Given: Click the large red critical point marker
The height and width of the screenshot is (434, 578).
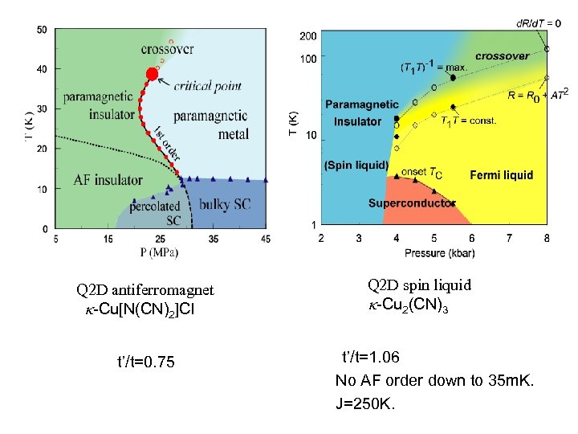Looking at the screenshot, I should tap(152, 74).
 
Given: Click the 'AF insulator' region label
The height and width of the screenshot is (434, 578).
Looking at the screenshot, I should tap(108, 179).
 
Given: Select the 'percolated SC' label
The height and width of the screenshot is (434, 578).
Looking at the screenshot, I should tap(155, 213).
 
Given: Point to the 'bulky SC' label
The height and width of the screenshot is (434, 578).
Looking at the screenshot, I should tap(224, 205).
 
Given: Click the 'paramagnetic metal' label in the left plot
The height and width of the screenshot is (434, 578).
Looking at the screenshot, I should tap(211, 125).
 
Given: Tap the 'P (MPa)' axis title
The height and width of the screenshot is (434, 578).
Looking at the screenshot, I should tap(159, 252).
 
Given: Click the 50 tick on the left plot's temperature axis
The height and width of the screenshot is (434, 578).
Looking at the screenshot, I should tap(41, 30).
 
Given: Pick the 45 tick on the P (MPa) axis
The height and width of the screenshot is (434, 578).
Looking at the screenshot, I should tap(266, 239).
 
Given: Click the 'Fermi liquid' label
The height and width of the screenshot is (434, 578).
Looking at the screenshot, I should tap(501, 175).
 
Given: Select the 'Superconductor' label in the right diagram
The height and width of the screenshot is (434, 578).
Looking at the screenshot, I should tap(412, 203).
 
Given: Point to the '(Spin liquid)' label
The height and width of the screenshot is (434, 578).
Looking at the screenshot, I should tap(356, 166).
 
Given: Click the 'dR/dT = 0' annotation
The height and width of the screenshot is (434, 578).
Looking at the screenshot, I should tap(539, 23).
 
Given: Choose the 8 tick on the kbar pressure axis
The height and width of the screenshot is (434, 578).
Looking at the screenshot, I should tap(547, 238).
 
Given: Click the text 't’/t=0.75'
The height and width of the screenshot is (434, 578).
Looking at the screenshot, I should tap(145, 362).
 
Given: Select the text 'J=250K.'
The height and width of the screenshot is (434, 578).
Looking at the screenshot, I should tap(365, 403).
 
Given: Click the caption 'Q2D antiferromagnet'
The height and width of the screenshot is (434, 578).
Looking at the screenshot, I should tap(145, 290).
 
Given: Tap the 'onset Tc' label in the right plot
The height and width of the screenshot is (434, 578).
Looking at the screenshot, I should tap(421, 173).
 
